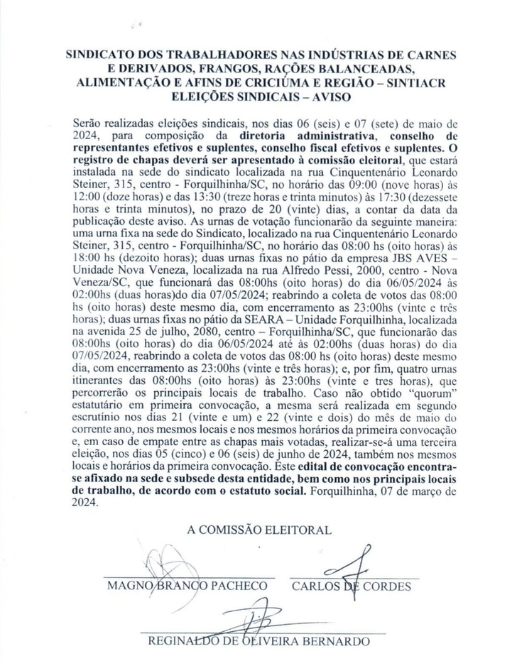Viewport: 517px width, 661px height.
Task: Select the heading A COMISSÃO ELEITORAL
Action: click(x=258, y=530)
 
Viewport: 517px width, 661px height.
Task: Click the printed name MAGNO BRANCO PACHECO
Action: click(x=187, y=586)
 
